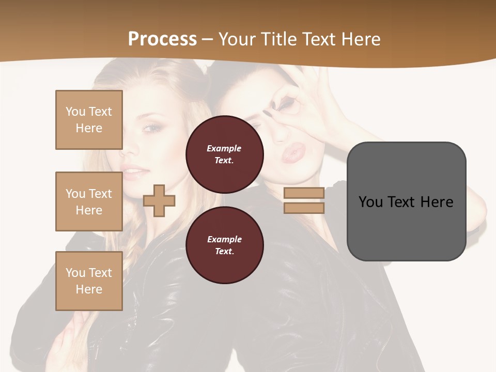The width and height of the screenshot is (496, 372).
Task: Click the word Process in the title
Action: pos(162,39)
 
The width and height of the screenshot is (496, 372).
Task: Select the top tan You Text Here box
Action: pos(89,120)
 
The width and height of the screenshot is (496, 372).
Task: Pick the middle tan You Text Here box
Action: pos(89,202)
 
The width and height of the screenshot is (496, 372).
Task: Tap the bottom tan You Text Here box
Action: pos(89,281)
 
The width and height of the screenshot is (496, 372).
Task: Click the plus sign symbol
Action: pos(159,201)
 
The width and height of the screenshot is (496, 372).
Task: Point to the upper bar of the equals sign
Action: pos(304,193)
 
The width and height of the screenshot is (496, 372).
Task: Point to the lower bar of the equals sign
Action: pos(304,208)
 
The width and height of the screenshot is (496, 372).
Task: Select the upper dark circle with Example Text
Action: pos(225,154)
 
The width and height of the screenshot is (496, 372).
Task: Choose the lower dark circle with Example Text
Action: pos(225,245)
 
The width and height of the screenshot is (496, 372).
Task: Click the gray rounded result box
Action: pos(406,201)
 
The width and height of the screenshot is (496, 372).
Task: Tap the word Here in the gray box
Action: pos(437,202)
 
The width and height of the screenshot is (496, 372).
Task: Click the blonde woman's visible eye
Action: pos(150,128)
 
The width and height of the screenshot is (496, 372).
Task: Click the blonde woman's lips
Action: pos(132,172)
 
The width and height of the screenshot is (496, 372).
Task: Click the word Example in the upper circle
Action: pos(224,148)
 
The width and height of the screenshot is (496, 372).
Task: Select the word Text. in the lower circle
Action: pos(224,251)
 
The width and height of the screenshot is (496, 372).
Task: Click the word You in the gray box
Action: pos(371,202)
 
